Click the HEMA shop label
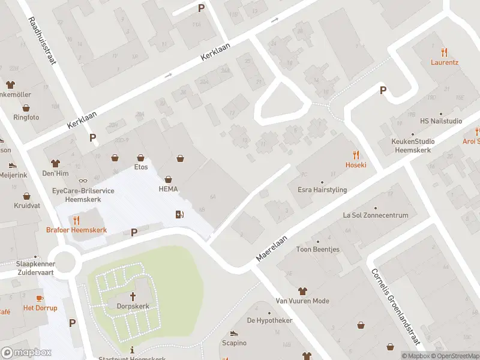click(x=169, y=189)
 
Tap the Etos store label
click(x=141, y=167)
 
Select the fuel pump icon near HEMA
click(x=179, y=214)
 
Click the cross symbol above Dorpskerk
click(x=133, y=296)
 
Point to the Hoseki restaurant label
click(x=355, y=164)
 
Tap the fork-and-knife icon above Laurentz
click(x=444, y=52)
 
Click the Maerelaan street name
click(x=272, y=247)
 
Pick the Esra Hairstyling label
click(x=322, y=190)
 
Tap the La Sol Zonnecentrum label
click(x=375, y=215)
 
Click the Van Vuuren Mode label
click(x=302, y=301)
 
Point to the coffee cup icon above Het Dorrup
click(x=40, y=298)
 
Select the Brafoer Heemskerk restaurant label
click(x=76, y=230)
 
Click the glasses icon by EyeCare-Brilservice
click(x=83, y=181)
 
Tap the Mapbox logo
click(x=26, y=352)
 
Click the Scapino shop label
click(x=234, y=343)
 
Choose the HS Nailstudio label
click(x=441, y=121)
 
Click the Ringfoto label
click(x=26, y=117)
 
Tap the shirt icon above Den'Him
click(x=56, y=163)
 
